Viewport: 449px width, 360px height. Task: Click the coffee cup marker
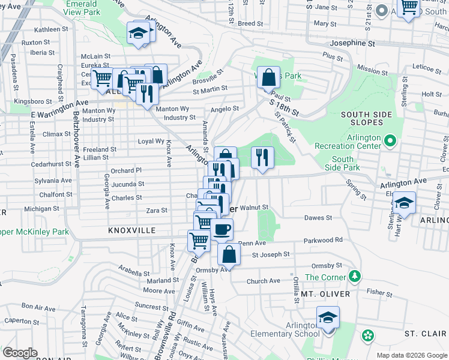221,229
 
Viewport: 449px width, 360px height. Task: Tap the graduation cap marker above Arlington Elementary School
328,317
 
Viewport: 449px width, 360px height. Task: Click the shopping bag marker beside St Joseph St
229,254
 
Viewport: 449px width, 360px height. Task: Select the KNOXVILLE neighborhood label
132,230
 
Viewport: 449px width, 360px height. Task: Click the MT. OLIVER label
324,294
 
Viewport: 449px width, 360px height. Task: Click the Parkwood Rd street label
322,240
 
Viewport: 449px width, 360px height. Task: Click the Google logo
20,353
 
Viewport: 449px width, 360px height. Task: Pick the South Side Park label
342,163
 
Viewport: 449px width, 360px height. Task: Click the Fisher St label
379,292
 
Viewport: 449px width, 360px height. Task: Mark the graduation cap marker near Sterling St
405,203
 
